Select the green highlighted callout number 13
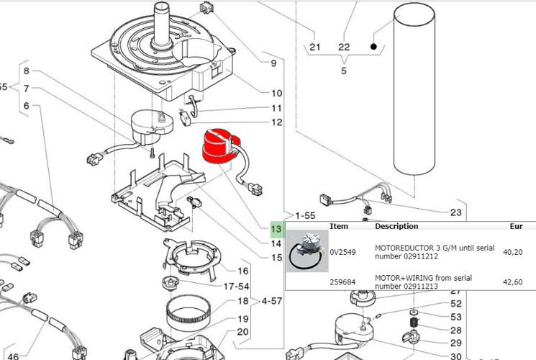click(276, 228)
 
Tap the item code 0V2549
click(342, 252)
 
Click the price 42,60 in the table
click(513, 282)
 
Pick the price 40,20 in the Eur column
click(513, 252)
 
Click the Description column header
click(396, 226)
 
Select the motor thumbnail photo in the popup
click(307, 251)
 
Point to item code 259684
click(342, 282)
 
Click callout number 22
click(344, 47)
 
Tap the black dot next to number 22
click(373, 47)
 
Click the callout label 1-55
click(305, 215)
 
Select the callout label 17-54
click(236, 287)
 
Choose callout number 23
click(455, 212)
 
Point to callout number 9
click(273, 63)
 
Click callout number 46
click(13, 356)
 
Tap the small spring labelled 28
click(414, 322)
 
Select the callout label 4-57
click(272, 301)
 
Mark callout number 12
click(277, 122)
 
